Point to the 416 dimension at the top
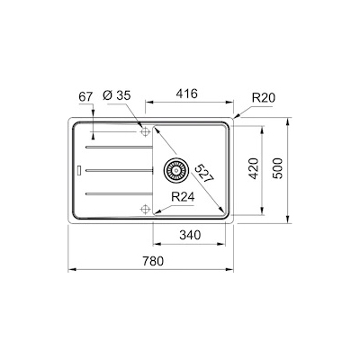(x=186, y=93)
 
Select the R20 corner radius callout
(x=263, y=94)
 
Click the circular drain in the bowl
(x=175, y=167)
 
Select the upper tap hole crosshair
(x=144, y=131)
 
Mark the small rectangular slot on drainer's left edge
(x=79, y=167)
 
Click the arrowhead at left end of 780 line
(x=71, y=269)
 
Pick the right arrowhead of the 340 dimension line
(x=228, y=243)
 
